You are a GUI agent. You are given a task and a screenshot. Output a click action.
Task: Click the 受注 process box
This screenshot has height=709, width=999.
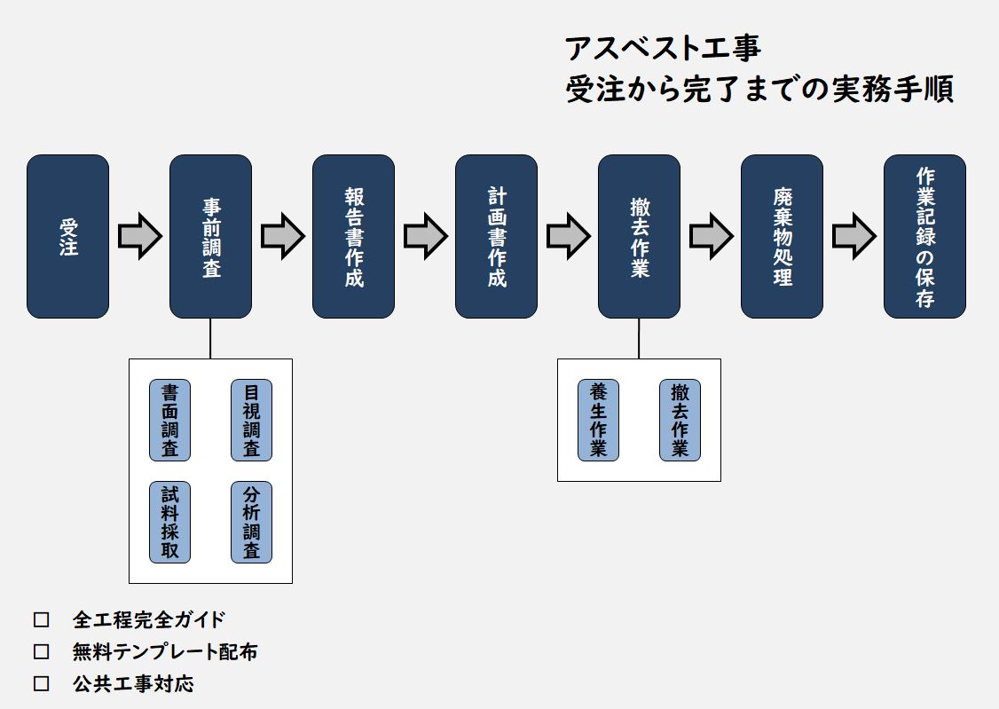click(67, 236)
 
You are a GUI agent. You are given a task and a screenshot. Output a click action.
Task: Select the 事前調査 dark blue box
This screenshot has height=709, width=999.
click(210, 236)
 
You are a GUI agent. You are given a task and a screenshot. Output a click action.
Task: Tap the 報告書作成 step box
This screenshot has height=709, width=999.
click(353, 236)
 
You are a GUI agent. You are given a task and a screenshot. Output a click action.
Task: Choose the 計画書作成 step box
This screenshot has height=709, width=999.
click(496, 236)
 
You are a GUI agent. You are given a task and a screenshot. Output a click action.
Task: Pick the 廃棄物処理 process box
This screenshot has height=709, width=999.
click(782, 236)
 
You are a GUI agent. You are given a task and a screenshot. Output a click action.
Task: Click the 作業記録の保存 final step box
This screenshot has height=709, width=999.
click(924, 236)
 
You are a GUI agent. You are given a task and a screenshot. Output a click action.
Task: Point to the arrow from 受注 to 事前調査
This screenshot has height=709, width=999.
click(139, 236)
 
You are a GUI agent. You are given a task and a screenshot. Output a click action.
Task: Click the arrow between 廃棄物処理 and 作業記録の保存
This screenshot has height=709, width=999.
click(853, 236)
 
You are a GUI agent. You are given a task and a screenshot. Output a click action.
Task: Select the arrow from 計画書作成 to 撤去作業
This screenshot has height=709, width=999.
click(568, 236)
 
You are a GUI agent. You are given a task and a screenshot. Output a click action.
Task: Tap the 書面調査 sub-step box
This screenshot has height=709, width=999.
click(169, 420)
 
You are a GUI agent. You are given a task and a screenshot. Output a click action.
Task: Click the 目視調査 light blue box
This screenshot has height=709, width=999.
click(251, 420)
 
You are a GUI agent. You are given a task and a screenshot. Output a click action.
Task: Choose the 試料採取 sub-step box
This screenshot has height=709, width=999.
click(169, 522)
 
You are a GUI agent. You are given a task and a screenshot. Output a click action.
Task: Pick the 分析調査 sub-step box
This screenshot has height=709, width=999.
click(251, 522)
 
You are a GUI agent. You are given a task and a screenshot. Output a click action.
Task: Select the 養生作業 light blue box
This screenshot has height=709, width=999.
click(598, 420)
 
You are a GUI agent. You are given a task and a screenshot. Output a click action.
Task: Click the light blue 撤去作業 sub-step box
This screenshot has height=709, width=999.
click(680, 420)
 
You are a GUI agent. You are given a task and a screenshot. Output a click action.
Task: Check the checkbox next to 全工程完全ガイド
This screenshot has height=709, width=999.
click(41, 619)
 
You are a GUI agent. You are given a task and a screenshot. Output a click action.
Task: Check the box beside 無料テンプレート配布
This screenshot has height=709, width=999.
click(41, 652)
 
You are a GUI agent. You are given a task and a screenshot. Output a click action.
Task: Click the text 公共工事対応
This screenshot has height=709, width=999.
click(133, 684)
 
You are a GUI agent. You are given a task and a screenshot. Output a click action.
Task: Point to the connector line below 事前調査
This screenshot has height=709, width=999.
click(210, 338)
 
